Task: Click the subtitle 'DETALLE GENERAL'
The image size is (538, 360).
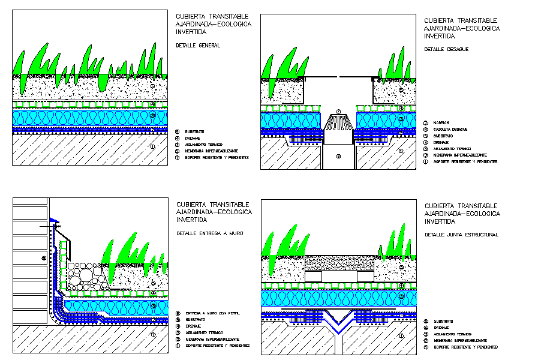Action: point(197,46)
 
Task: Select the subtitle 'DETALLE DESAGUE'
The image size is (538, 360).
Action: point(446,49)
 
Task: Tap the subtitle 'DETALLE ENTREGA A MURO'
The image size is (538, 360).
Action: point(209,232)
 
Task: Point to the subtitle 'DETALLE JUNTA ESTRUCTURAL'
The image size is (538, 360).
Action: point(461,235)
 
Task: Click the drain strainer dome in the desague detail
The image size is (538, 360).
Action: point(338,124)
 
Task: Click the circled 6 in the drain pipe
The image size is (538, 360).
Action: point(338,157)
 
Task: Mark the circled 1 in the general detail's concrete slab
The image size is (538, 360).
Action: point(152,146)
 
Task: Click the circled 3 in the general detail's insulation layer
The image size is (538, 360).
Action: point(152,115)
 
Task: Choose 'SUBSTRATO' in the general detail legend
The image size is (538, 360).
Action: point(195,131)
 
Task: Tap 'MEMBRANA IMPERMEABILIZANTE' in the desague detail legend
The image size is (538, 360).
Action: point(459,155)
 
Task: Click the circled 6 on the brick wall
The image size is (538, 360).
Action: point(43,259)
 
